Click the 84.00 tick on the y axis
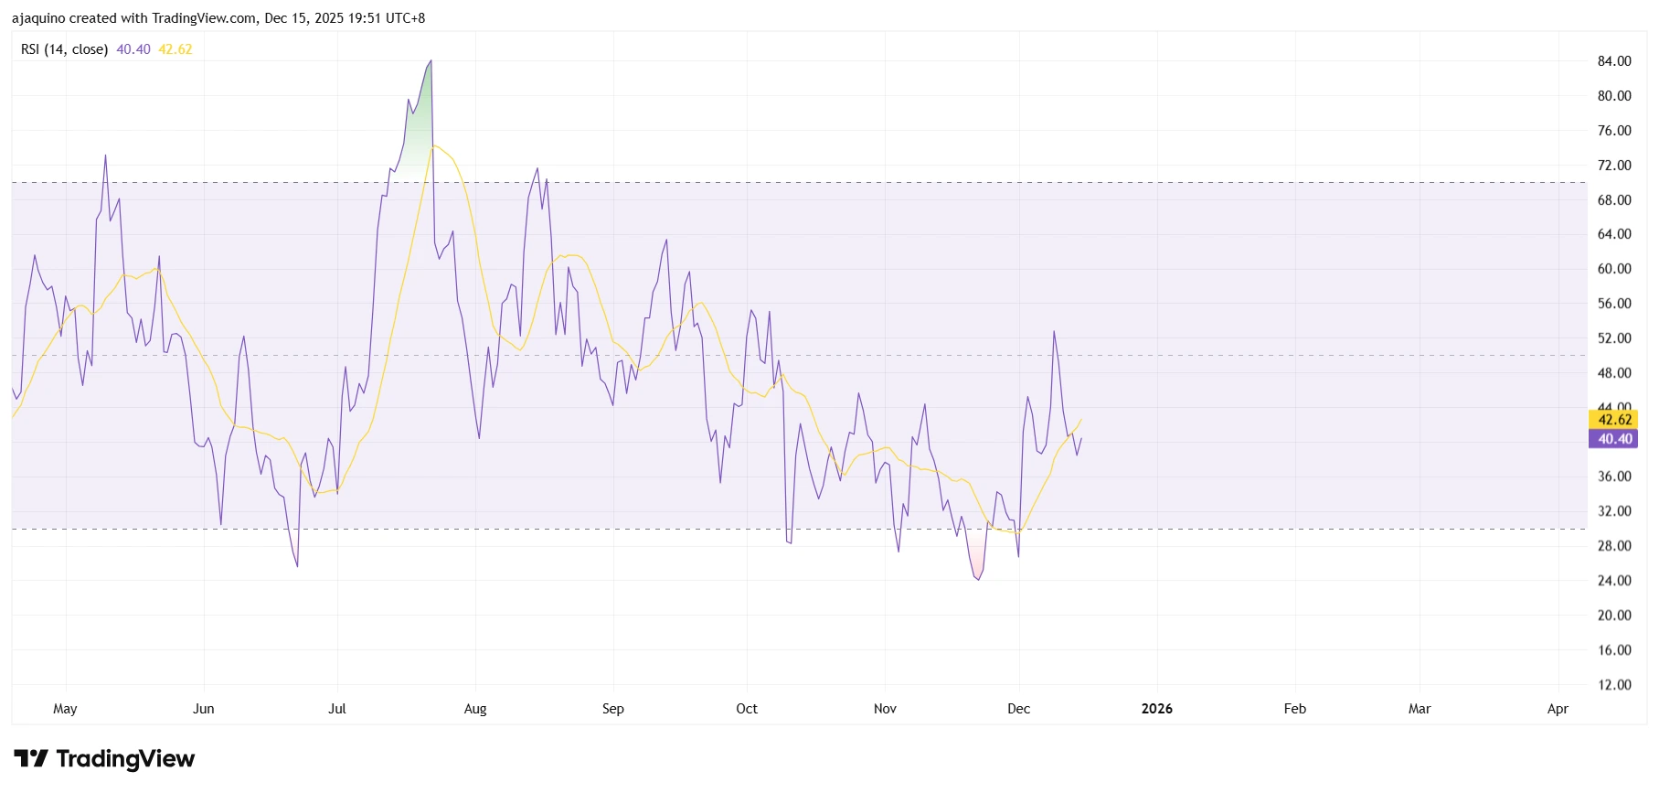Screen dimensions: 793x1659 pos(1613,61)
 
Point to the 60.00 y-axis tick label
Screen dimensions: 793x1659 pos(1613,269)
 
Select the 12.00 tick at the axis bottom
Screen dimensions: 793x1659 pos(1613,685)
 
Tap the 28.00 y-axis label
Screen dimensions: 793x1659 pos(1613,546)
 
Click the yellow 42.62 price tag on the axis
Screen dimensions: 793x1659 pos(1614,420)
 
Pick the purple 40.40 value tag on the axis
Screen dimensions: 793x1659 pos(1614,439)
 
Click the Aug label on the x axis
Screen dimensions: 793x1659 pos(475,709)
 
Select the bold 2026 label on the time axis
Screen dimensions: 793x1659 pos(1156,709)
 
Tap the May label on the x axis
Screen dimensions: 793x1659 pos(65,709)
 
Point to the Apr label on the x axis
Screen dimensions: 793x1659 pos(1558,709)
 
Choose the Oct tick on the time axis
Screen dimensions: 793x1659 pos(747,709)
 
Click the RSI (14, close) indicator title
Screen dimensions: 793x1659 pos(64,49)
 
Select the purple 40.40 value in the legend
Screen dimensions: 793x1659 pos(133,49)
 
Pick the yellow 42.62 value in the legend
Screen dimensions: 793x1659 pos(175,49)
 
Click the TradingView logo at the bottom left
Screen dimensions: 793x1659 pos(104,759)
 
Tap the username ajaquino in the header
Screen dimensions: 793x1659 pos(37,18)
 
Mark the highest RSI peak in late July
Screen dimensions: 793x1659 pos(431,61)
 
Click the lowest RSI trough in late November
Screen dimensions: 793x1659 pos(978,580)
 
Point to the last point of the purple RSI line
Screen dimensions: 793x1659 pos(1081,438)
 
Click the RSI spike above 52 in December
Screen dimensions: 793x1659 pos(1054,331)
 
